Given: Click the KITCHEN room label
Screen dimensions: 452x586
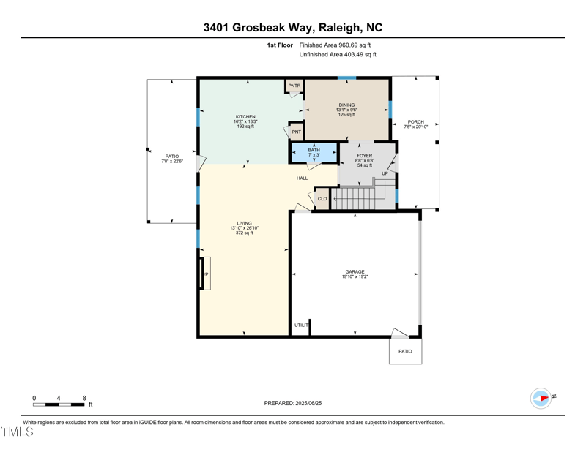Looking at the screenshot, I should (x=245, y=117).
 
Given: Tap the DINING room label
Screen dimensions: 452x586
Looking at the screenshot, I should (x=346, y=105).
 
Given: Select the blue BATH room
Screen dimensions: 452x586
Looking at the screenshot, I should (x=314, y=152).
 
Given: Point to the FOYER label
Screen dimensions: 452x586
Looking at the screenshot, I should (x=365, y=156).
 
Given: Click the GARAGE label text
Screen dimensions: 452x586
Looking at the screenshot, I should (x=355, y=272).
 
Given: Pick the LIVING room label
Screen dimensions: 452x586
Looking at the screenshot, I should (x=244, y=223).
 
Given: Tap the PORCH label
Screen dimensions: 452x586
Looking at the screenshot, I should (x=415, y=122).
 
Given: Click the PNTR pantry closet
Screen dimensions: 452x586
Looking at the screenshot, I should (x=294, y=86).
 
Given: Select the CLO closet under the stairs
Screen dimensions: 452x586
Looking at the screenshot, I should (x=322, y=199).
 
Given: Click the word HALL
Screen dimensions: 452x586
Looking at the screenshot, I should (x=302, y=178).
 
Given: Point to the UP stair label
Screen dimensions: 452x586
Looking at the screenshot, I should (x=385, y=174).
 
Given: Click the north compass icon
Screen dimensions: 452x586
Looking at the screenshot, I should (x=541, y=398).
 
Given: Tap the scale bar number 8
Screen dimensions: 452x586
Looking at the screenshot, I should (x=84, y=398).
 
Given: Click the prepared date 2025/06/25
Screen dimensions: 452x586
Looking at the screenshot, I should (x=308, y=403).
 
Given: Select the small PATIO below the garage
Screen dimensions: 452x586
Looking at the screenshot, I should (x=405, y=351).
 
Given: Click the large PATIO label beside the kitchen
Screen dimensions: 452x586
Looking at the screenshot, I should (x=171, y=156).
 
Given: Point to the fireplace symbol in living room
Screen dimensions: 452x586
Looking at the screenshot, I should (x=204, y=274).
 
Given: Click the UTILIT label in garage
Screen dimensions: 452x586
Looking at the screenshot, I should (x=301, y=325).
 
